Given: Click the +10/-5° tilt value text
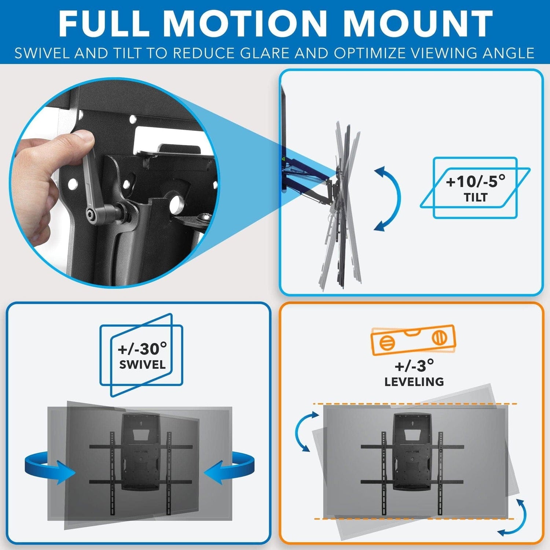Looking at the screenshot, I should [475, 181].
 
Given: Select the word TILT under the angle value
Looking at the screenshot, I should [476, 198].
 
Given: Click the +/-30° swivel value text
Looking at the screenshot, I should [142, 349].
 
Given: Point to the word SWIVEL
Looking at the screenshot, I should [142, 365].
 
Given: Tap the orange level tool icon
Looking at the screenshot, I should [413, 340].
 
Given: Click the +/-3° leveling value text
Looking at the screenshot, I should [414, 366].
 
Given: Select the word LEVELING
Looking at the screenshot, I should [414, 382].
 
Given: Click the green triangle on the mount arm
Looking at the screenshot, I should [283, 159].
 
